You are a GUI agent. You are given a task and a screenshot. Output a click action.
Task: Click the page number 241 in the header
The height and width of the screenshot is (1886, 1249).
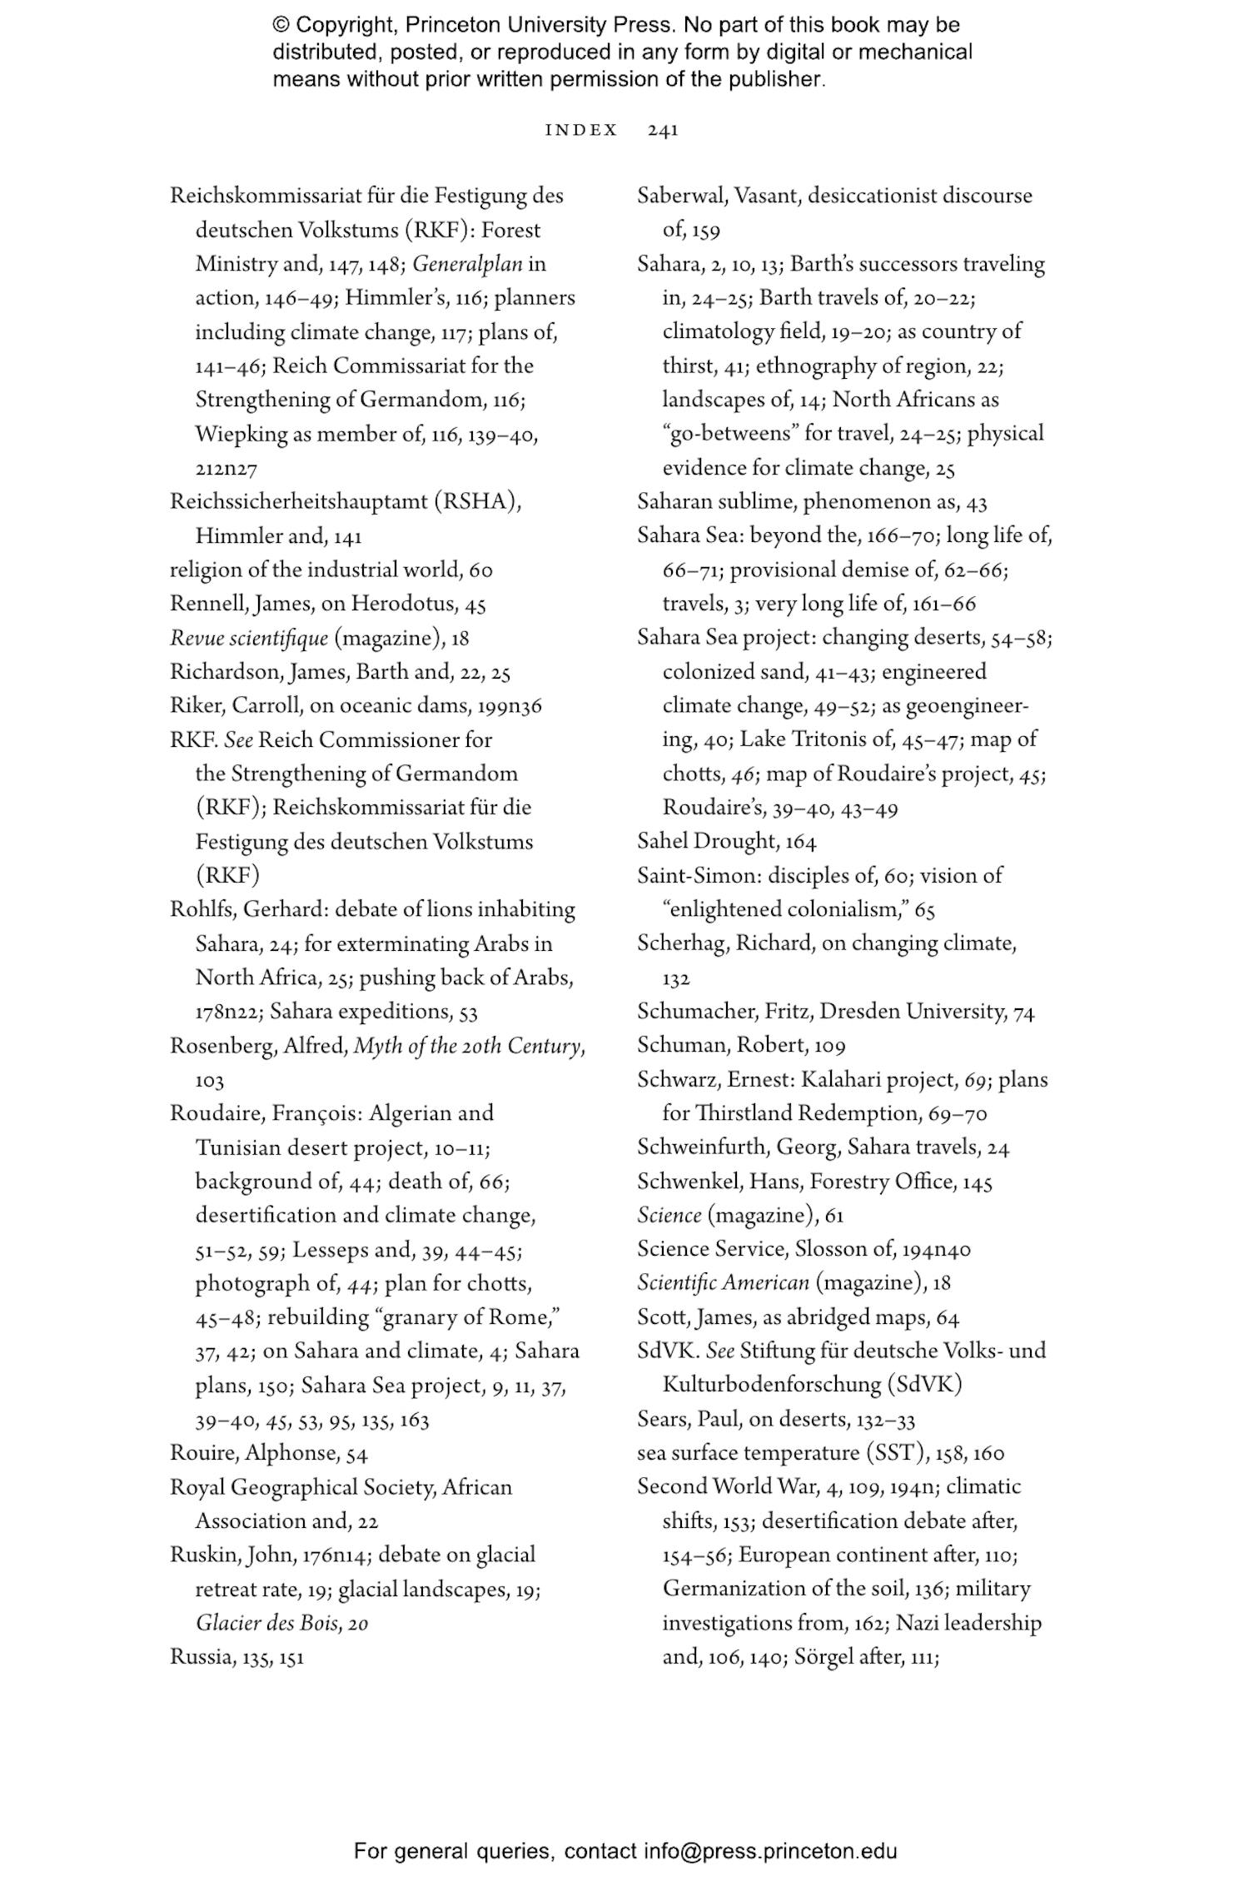(663, 131)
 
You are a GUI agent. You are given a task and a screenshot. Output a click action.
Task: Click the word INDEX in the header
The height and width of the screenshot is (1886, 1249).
(581, 131)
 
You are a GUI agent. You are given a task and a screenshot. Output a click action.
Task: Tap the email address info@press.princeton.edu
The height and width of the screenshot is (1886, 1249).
(770, 1851)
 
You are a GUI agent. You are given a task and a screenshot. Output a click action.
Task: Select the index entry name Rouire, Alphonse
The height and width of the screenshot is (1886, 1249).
(253, 1454)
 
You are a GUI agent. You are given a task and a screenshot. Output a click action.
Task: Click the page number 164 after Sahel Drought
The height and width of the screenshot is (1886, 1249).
(800, 842)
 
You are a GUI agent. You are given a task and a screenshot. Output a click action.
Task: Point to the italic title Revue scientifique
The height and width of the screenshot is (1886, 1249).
(249, 639)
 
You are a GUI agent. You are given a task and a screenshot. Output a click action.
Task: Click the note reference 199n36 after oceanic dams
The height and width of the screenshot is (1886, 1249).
(510, 706)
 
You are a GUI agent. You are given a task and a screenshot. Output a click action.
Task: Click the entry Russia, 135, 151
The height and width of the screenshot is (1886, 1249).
(236, 1657)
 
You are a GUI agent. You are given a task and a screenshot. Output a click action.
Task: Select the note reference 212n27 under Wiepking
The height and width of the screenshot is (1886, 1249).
(226, 470)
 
